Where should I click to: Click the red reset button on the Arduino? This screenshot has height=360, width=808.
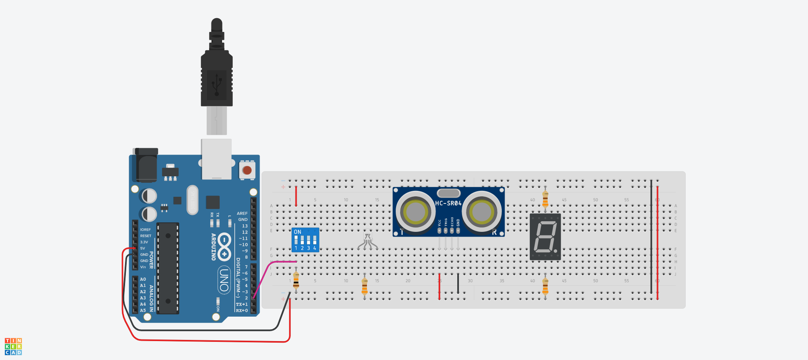247,170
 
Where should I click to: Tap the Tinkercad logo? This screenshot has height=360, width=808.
13,347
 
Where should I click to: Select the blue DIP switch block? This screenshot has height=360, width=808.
305,239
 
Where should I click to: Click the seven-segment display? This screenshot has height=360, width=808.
545,237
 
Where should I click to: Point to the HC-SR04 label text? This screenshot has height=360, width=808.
448,203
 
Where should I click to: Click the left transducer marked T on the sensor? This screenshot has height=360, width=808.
415,211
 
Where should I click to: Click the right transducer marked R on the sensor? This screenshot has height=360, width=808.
481,211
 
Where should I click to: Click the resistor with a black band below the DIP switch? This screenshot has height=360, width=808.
296,280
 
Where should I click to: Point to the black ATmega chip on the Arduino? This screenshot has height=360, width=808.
168,268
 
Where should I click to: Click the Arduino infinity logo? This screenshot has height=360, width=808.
224,247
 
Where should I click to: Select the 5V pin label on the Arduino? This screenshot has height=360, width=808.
142,248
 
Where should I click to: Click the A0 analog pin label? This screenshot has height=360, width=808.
143,279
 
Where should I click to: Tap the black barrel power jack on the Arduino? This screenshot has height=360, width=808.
146,166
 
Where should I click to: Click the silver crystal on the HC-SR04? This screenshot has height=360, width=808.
449,193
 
